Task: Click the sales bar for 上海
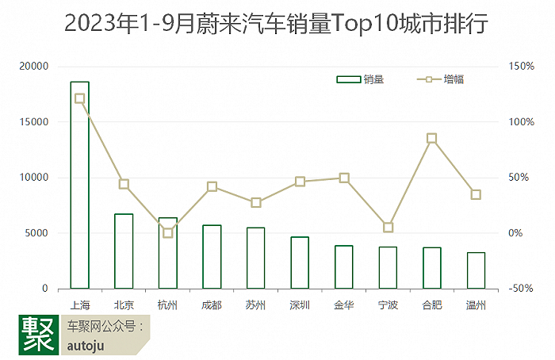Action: (79, 185)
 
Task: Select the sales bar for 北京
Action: (124, 251)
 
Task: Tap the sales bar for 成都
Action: (212, 256)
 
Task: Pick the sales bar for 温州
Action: (476, 270)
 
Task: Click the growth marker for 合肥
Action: (431, 139)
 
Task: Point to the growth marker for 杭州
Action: (168, 233)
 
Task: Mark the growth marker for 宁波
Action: (388, 228)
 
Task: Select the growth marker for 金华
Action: (344, 178)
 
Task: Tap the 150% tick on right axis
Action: (522, 67)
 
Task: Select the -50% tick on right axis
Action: (522, 289)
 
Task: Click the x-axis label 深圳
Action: (300, 304)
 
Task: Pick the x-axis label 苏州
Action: (255, 304)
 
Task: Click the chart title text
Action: (277, 24)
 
